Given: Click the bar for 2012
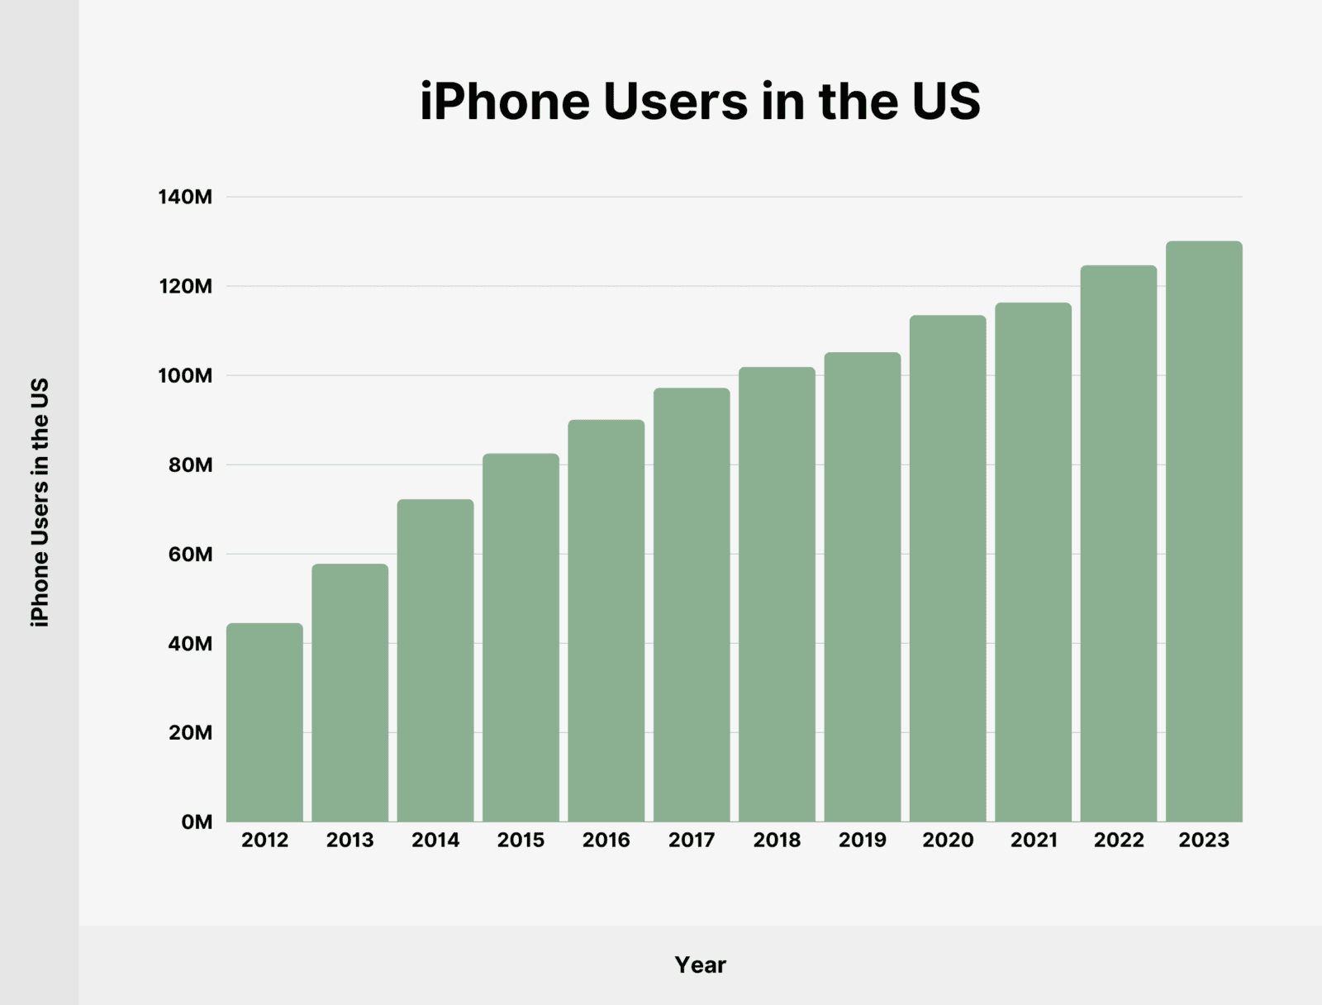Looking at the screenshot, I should click(264, 723).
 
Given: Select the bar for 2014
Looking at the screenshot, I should click(435, 661).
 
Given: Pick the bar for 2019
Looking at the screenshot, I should click(862, 588).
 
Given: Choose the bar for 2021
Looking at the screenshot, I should click(1033, 563).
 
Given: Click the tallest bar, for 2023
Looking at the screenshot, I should click(1204, 532).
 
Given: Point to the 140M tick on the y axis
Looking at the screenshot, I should click(185, 197).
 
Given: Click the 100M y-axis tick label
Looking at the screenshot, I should click(185, 376).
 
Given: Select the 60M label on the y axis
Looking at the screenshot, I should click(190, 555).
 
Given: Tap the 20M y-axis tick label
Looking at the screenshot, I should click(190, 733).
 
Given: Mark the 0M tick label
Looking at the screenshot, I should click(197, 822).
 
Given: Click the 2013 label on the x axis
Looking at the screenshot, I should click(350, 841).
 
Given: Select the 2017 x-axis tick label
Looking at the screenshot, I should click(692, 841).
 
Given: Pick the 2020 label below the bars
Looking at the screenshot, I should click(948, 841).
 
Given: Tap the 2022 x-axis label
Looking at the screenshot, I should click(1119, 841).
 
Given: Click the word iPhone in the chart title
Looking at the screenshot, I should click(505, 102).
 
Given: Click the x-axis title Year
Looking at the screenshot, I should click(700, 965).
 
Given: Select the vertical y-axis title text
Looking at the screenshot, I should click(40, 502).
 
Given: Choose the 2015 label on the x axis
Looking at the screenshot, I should click(521, 841).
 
